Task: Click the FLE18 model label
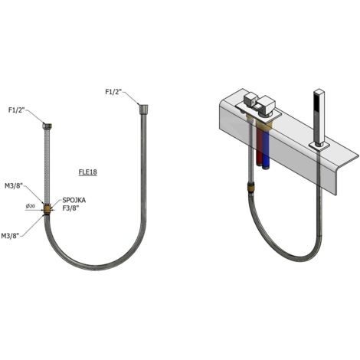tap(87, 172)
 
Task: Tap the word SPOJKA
tap(74, 201)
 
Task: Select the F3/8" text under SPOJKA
tap(70, 208)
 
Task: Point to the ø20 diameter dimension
tap(31, 206)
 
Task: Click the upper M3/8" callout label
tap(14, 186)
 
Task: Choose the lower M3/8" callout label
tap(11, 236)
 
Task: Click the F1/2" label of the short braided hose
tap(16, 110)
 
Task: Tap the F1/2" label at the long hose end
tap(114, 91)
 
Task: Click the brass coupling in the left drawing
tap(47, 209)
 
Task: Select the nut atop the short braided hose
tap(47, 126)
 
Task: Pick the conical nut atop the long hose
tap(143, 109)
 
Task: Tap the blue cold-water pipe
tap(266, 146)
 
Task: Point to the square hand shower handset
tap(319, 117)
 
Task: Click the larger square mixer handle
tap(265, 105)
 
